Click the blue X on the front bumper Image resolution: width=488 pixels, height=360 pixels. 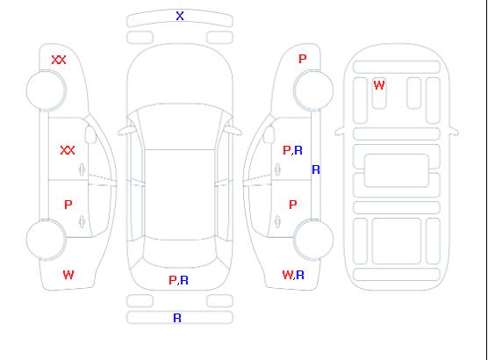[180, 16]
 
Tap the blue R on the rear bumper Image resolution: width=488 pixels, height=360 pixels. [177, 318]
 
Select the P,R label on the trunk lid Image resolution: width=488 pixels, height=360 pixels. [178, 280]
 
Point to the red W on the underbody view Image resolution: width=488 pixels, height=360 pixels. [379, 85]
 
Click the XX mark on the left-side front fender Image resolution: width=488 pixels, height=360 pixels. [59, 60]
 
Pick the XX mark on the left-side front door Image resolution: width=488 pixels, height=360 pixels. [68, 150]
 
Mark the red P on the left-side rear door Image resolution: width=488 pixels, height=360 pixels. [68, 205]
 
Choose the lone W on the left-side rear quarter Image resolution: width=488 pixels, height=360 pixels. [68, 275]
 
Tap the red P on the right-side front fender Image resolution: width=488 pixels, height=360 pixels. [303, 59]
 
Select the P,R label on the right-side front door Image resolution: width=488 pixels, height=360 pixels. [292, 150]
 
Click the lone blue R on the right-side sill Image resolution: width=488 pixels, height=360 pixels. [316, 169]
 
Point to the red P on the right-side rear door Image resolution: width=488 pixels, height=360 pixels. [293, 205]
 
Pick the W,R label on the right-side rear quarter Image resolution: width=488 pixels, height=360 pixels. [293, 275]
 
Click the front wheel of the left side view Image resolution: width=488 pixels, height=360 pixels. [46, 90]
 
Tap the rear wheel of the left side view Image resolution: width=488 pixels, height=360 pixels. [46, 240]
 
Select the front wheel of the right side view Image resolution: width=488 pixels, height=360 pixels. [313, 90]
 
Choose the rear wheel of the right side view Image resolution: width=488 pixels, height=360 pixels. [313, 240]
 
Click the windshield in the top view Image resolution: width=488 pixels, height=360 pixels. [180, 126]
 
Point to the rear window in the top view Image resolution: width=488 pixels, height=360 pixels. [180, 252]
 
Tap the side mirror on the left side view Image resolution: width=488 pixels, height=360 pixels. [90, 134]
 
